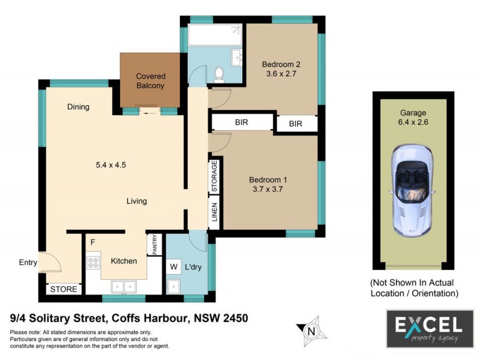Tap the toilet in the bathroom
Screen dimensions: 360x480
[x=219, y=74]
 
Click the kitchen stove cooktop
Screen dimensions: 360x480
[x=94, y=262]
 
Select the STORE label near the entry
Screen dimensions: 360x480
[x=64, y=289]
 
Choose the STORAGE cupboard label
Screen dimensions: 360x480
[x=214, y=176]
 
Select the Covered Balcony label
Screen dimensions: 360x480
[x=151, y=81]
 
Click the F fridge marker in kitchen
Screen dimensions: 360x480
[x=92, y=242]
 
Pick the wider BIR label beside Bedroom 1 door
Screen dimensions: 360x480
[x=242, y=122]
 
